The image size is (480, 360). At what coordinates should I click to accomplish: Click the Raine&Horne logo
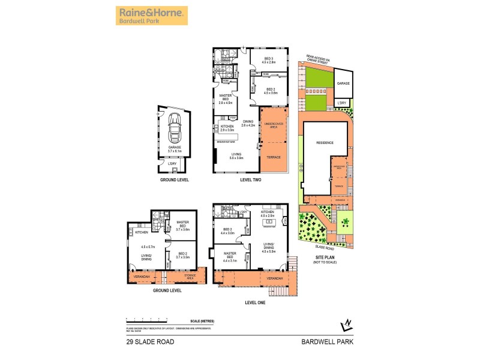[x=152, y=16]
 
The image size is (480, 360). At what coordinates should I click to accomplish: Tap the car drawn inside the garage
[x=175, y=129]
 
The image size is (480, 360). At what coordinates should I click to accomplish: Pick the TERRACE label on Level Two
[x=274, y=157]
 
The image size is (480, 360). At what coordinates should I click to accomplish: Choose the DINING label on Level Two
[x=248, y=121]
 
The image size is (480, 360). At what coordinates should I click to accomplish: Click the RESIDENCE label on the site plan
[x=325, y=143]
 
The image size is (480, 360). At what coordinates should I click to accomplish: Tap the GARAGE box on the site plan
[x=343, y=84]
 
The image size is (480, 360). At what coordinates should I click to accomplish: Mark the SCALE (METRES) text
[x=201, y=322]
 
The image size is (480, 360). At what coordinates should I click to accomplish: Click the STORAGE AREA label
[x=190, y=276]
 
